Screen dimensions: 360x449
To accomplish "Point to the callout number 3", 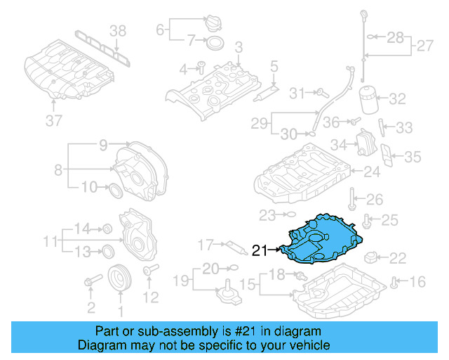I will tap(238, 47).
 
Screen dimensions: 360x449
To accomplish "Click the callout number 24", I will tap(372, 171).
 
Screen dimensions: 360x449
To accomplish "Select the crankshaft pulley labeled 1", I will tap(120, 278).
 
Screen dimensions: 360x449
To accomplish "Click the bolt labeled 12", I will tap(148, 271).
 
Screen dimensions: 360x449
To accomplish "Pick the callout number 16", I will tap(417, 283).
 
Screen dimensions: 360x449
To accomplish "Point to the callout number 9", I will tap(102, 146).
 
